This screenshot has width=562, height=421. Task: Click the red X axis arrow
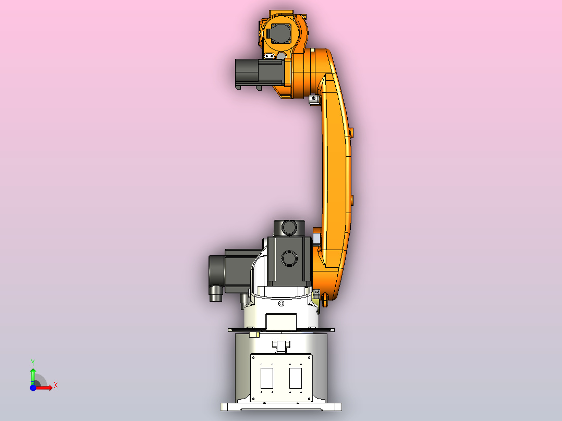(x=45, y=387)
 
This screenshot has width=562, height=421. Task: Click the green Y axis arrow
(x=33, y=374)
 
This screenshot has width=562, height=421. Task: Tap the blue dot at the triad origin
(x=32, y=388)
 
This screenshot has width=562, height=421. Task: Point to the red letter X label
(x=55, y=386)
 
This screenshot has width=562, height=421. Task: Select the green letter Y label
(x=32, y=362)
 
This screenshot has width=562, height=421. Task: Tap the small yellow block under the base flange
(x=254, y=334)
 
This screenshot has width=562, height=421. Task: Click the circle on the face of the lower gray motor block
(x=288, y=257)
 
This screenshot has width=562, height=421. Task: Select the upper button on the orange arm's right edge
(x=351, y=133)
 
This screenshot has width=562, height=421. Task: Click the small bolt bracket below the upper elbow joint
(x=313, y=98)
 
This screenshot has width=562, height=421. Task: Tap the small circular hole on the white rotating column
(x=282, y=303)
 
